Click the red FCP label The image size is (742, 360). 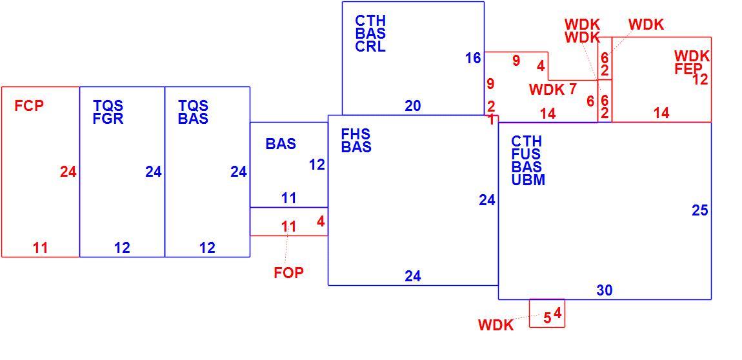[x=29, y=106]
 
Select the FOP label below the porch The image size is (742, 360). [x=288, y=273]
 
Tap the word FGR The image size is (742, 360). [x=108, y=118]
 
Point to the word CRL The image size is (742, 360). [x=370, y=47]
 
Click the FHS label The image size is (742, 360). [x=356, y=134]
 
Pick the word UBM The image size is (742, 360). [x=528, y=180]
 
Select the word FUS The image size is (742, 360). [x=526, y=154]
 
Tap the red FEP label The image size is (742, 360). [x=688, y=69]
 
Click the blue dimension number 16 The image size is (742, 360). [x=473, y=58]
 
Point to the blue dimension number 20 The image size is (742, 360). [x=413, y=106]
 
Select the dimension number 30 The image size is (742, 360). [x=605, y=290]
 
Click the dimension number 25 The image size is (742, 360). [x=700, y=210]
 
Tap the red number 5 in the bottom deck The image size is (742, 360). [x=547, y=318]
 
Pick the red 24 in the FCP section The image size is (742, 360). [x=68, y=172]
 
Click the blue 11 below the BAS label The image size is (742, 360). [x=288, y=198]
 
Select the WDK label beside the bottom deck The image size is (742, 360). [x=496, y=325]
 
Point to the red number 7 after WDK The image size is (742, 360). [x=572, y=88]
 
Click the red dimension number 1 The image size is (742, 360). [x=491, y=120]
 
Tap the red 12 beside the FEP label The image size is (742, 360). [x=700, y=79]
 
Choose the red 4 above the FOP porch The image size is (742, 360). [x=321, y=221]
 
